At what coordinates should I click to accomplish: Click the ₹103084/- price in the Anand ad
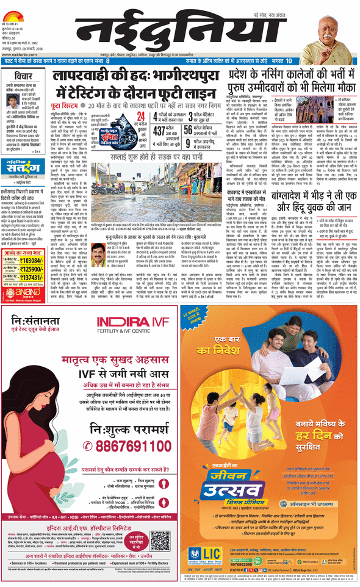(x=31, y=243)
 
